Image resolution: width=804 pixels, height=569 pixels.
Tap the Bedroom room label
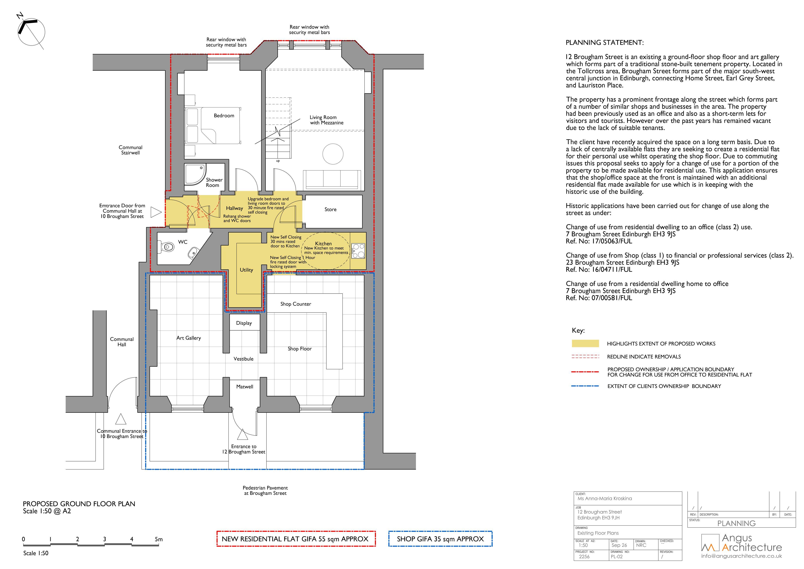coord(224,116)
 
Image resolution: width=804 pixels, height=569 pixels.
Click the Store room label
coord(330,210)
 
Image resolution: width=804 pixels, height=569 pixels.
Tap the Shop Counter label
coord(296,304)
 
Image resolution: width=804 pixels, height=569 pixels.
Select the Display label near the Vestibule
coord(244,323)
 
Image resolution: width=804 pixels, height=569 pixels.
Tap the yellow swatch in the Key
coord(585,343)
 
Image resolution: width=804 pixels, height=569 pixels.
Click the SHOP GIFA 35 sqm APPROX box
coord(440,539)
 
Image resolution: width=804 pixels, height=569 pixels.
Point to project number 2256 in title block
coord(584,556)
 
